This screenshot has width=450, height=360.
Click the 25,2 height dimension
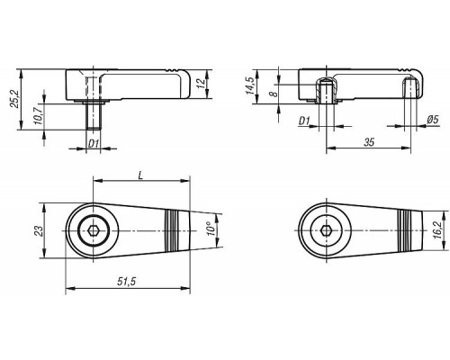pyautogui.click(x=14, y=99)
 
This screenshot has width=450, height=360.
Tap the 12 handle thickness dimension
pyautogui.click(x=202, y=82)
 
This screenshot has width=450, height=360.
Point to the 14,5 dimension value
pyautogui.click(x=250, y=85)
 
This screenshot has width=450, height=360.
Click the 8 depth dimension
pyautogui.click(x=273, y=94)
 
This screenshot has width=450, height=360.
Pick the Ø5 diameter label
pyautogui.click(x=432, y=120)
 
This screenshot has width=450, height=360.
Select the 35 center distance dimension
pyautogui.click(x=369, y=142)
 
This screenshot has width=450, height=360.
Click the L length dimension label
pyautogui.click(x=141, y=175)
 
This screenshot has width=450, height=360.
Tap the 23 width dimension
pyautogui.click(x=40, y=230)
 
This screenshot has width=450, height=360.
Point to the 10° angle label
pyautogui.click(x=211, y=229)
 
